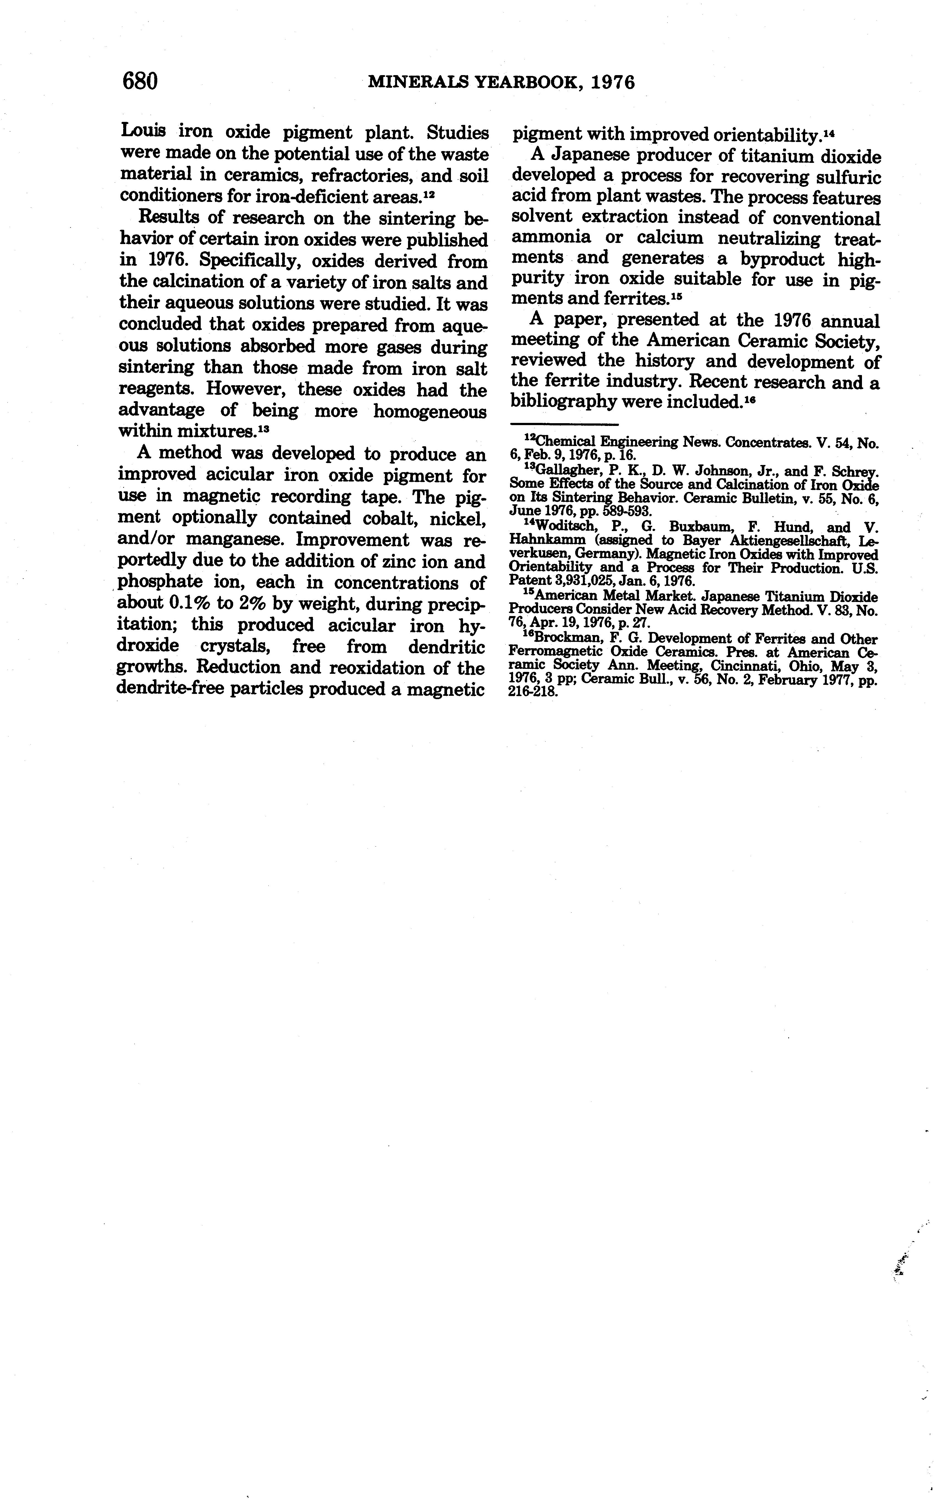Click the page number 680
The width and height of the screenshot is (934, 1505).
(140, 81)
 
